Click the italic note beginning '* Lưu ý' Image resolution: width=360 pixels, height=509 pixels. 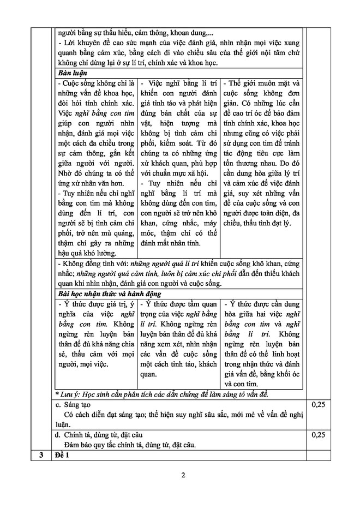[x=164, y=394]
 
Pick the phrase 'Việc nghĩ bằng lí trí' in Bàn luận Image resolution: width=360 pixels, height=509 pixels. [x=181, y=83]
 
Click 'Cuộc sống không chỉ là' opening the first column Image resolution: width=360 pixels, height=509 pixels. [x=95, y=83]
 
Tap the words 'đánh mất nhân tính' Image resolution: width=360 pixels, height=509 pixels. [x=171, y=243]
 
